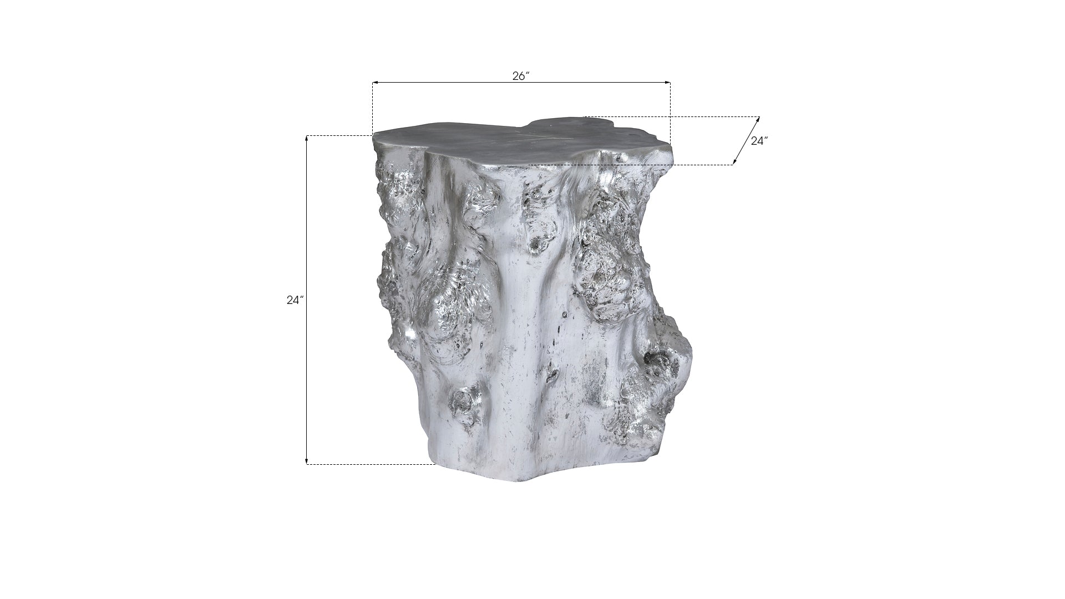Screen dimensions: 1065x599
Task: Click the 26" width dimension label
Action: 521,77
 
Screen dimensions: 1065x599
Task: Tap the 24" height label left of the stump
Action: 296,300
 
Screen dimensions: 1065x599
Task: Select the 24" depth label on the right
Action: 759,141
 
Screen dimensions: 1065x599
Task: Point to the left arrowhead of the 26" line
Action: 375,83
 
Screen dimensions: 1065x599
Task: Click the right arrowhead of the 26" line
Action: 668,83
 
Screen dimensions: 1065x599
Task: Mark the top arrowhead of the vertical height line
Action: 307,139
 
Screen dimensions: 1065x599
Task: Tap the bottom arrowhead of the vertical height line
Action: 307,461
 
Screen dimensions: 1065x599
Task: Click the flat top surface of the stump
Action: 521,142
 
